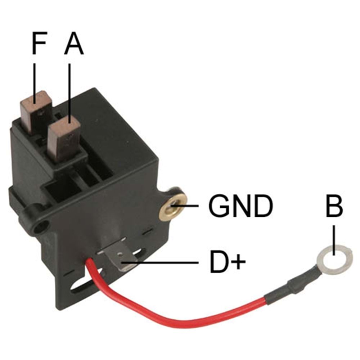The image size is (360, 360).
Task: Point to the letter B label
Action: [334, 207]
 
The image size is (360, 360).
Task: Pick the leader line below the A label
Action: [69, 90]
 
